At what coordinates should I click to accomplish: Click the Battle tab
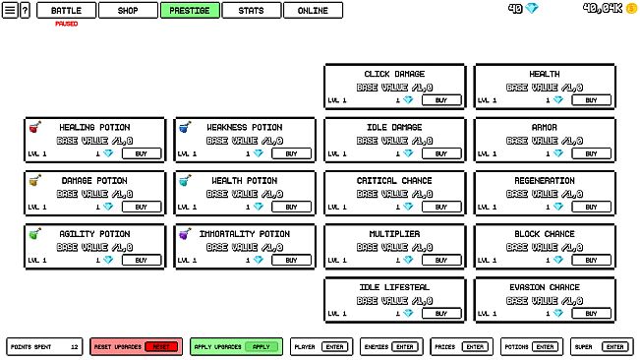click(67, 10)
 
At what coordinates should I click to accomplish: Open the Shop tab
click(128, 10)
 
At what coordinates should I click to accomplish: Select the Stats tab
click(251, 10)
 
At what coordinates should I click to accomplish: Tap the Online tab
click(313, 10)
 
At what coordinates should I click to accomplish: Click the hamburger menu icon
click(10, 10)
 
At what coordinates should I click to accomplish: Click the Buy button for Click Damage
click(440, 100)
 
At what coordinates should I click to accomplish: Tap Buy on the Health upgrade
click(591, 100)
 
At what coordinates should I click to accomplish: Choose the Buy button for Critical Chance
click(440, 207)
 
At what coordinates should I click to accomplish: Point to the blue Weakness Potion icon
click(183, 126)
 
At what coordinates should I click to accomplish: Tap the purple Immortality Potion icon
click(183, 233)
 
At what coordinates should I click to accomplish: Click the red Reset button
click(163, 346)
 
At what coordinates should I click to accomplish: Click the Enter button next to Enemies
click(404, 346)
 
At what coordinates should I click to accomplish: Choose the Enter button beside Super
click(614, 346)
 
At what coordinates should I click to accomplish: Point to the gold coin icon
click(632, 8)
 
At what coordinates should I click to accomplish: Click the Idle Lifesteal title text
click(394, 287)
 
